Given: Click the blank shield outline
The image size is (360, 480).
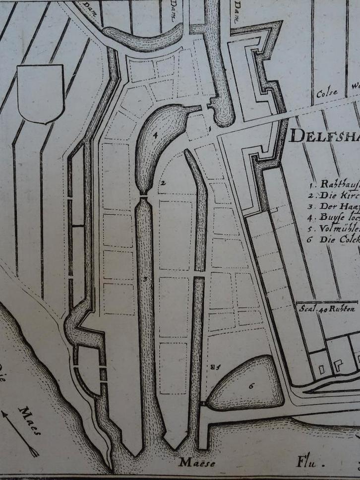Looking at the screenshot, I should coord(40,93).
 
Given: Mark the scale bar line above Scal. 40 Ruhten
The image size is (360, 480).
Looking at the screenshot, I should coord(328,301).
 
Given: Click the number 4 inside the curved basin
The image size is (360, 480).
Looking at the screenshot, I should coord(155,134).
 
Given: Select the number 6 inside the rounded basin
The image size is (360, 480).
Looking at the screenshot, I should coord(251,384).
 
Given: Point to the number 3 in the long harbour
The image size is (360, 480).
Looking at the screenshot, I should coord(145,280).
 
